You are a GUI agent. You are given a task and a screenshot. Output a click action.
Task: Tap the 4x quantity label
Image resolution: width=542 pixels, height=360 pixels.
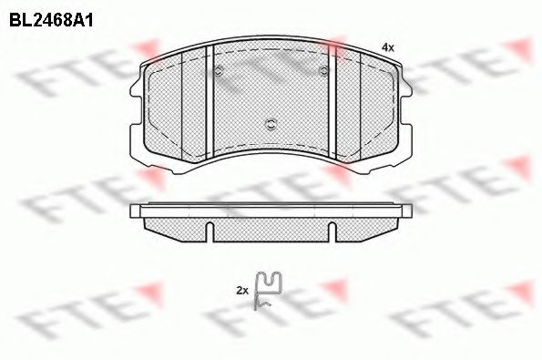387,46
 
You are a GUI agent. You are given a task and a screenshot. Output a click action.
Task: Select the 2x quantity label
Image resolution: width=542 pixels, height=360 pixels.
241,290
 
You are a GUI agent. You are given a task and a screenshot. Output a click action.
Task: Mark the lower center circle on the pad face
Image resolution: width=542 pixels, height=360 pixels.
271,124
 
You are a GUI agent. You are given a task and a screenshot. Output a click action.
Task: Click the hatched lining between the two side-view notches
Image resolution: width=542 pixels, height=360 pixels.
271,228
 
